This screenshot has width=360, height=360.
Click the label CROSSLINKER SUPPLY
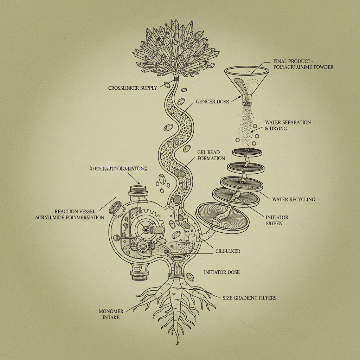coord(132,88)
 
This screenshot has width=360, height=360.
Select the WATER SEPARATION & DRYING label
coord(288,126)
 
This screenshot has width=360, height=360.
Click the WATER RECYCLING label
coord(294,199)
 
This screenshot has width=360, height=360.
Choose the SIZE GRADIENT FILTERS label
coord(249,298)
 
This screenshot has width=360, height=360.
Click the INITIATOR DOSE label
coord(222,272)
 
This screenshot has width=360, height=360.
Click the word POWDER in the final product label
coord(326,67)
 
